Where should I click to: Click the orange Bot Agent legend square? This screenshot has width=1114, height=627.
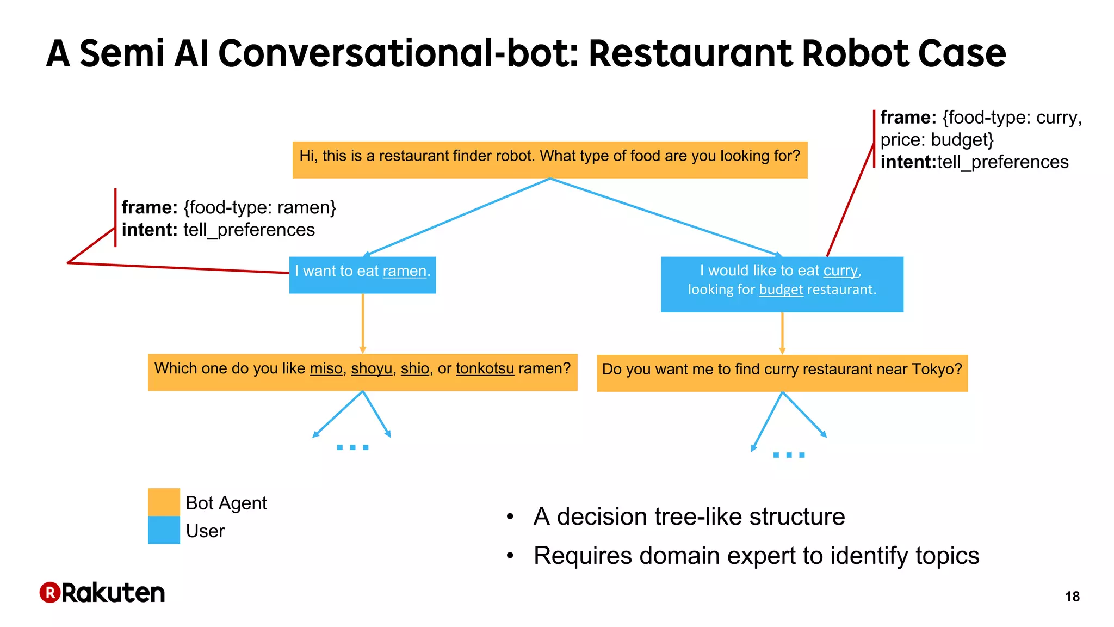(x=164, y=502)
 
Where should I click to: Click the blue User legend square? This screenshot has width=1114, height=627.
(x=164, y=530)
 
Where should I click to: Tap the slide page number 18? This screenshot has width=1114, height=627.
(x=1072, y=597)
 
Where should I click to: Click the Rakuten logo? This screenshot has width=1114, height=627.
(x=102, y=593)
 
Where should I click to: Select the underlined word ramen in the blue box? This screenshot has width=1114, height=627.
(x=404, y=271)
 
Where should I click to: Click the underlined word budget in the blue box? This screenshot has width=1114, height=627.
(x=781, y=290)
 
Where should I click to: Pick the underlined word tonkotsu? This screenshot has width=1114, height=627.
(x=485, y=368)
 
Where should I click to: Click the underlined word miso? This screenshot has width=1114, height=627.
(x=326, y=368)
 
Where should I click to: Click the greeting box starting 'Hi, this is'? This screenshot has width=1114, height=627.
(x=549, y=159)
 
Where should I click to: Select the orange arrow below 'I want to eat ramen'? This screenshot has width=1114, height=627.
(x=363, y=324)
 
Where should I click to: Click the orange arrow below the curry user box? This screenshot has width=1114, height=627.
(x=782, y=333)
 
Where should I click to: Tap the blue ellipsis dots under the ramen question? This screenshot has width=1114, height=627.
(x=352, y=447)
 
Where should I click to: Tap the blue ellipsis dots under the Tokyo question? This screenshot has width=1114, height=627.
(x=789, y=454)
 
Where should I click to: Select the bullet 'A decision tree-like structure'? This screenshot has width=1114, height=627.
(x=689, y=517)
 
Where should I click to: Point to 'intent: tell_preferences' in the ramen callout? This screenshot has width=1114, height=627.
(x=218, y=230)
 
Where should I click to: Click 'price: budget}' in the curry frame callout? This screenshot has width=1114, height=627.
(x=937, y=140)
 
